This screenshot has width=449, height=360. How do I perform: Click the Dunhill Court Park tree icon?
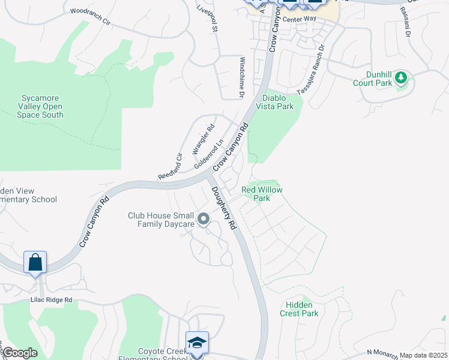tap(401, 77)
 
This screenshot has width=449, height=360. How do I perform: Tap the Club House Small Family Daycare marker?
tap(203, 220)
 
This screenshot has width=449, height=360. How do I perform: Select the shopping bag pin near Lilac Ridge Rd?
tap(35, 263)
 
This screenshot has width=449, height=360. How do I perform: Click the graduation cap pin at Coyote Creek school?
tap(197, 343)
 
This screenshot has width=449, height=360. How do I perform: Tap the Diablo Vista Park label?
tap(278, 102)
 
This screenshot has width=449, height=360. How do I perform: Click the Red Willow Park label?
tap(262, 194)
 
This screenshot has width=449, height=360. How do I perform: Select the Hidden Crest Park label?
tap(299, 309)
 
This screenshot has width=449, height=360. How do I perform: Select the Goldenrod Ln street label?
tap(208, 154)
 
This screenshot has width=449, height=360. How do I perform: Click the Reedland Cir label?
tap(170, 166)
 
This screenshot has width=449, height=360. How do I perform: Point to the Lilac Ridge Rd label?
tap(52, 299)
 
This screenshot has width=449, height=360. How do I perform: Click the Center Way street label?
tap(300, 19)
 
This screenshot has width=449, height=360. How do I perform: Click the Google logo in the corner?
tap(20, 353)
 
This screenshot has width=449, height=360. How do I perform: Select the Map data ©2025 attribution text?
tap(423, 355)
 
